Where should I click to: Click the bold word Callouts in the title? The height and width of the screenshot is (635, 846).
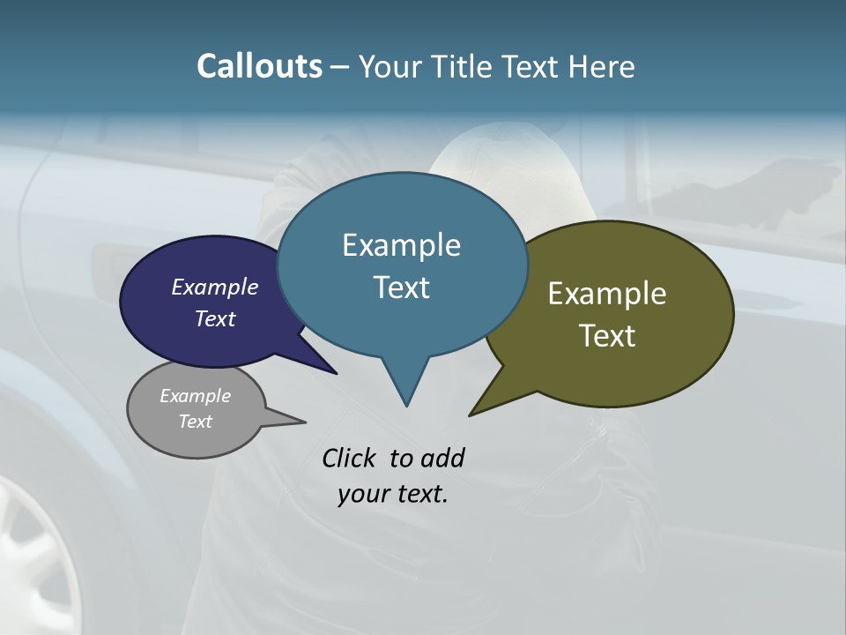point(259,66)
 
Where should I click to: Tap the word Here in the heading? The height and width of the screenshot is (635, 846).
point(602,66)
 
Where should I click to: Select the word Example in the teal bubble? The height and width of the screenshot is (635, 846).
point(401,245)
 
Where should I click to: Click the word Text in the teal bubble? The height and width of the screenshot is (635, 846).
point(401,287)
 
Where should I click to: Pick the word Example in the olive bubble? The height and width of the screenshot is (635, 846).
point(607,294)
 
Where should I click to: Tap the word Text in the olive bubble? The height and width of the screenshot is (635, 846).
point(607,335)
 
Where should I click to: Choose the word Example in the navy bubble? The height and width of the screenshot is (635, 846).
point(215,287)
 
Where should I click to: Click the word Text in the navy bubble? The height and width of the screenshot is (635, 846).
point(215,318)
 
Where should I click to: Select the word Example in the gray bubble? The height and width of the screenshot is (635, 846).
point(196,396)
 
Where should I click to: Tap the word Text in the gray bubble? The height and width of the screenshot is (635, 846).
point(196,422)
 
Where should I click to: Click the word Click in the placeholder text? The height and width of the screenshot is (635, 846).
point(351,458)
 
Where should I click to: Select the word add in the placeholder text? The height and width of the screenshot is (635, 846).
point(442,458)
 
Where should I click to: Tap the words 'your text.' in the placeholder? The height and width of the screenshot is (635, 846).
point(393,494)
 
